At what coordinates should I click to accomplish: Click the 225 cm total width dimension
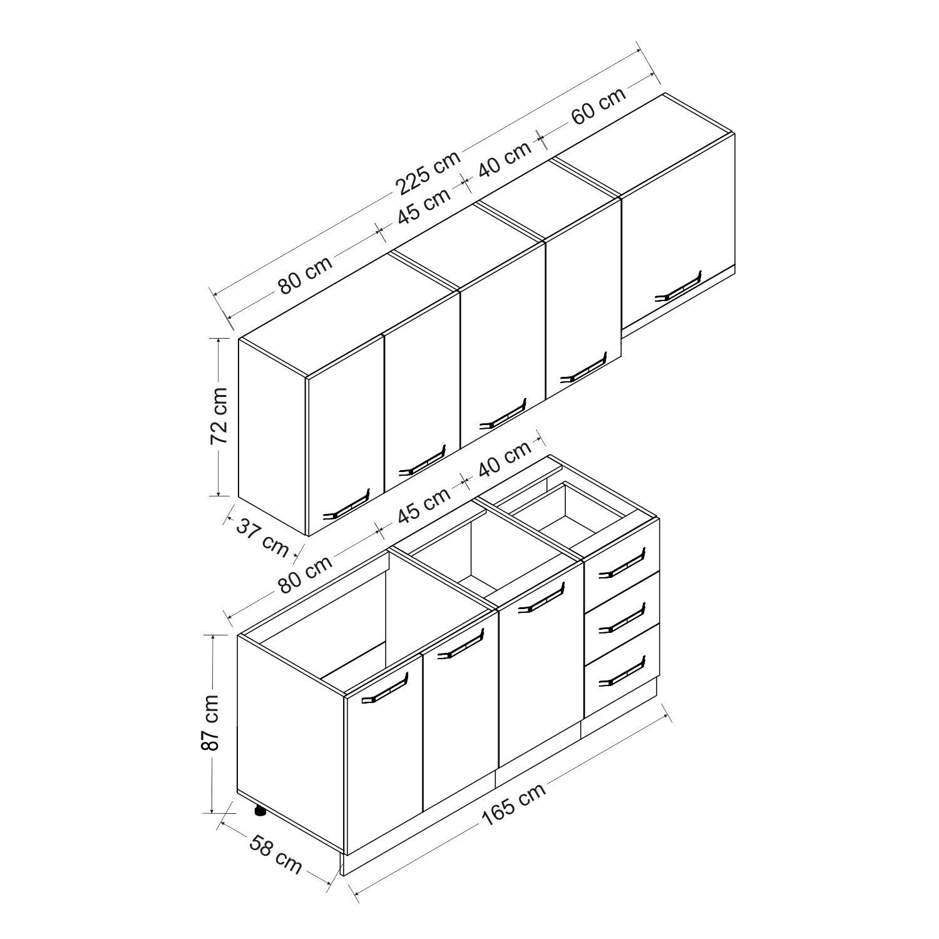428,170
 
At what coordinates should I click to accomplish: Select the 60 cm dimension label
598,105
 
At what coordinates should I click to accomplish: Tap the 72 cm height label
219,416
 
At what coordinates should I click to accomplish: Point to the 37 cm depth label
262,536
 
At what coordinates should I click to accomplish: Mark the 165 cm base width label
514,803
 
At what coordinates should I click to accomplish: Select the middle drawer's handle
620,618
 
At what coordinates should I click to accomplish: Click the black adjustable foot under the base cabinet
259,811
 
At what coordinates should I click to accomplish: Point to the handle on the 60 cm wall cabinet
677,287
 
